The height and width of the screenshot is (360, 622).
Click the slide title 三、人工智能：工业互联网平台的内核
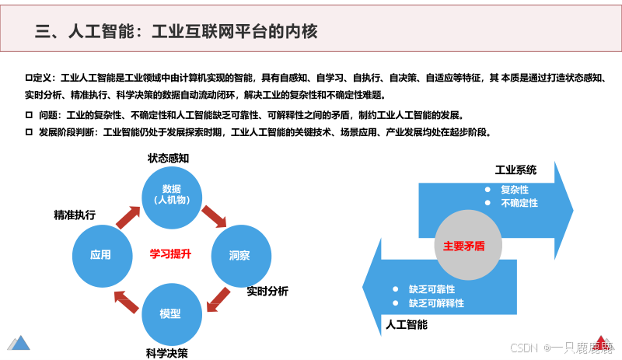[x=177, y=31]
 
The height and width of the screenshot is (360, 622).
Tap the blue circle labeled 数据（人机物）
[x=171, y=195]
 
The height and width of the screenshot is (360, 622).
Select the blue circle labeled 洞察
[x=239, y=254]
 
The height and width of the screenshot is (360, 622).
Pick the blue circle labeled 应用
[x=100, y=254]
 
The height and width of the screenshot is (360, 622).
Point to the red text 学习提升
[x=170, y=253]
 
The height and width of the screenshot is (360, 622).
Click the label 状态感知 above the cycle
[x=169, y=158]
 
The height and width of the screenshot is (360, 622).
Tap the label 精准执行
[x=75, y=215]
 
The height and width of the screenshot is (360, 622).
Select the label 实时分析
[x=267, y=291]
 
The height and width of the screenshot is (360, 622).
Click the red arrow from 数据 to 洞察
[x=213, y=217]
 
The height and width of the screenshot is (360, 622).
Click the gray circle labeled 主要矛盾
[x=464, y=245]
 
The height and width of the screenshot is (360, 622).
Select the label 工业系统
[x=515, y=170]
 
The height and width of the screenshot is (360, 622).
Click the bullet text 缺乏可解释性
[x=436, y=303]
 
